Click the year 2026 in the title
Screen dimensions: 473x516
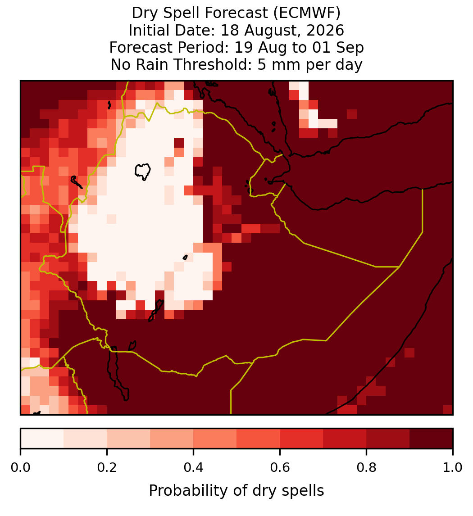[x=325, y=30]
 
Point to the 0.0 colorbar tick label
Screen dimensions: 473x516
[x=20, y=468]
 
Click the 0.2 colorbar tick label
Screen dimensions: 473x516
[x=107, y=468]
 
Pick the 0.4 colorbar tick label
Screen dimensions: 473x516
[x=194, y=468]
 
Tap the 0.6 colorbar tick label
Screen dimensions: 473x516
[x=280, y=468]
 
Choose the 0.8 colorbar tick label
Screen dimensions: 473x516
[x=366, y=468]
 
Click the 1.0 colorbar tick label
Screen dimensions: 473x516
[x=453, y=468]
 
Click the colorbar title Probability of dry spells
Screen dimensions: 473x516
[x=236, y=491]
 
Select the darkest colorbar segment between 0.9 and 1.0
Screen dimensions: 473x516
[x=431, y=439]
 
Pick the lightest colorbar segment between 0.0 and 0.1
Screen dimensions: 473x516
[x=42, y=439]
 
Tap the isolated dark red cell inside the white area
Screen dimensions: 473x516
[x=179, y=143]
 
